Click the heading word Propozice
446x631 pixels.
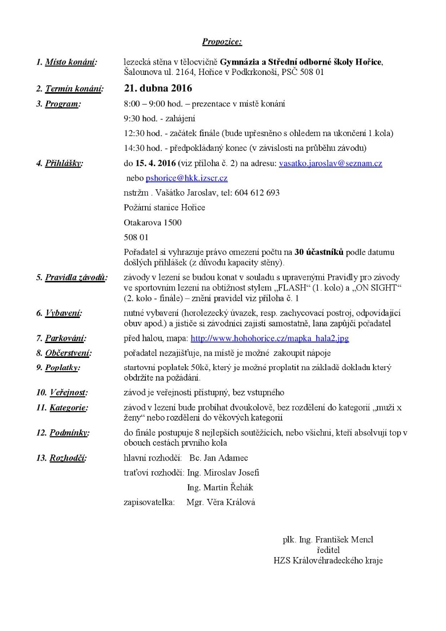point(222,42)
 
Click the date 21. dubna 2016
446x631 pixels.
point(158,89)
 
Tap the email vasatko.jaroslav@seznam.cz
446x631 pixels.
point(330,163)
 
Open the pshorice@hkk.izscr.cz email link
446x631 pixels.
point(186,178)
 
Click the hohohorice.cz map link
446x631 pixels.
point(270,339)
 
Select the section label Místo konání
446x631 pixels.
point(71,62)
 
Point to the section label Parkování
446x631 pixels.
point(66,339)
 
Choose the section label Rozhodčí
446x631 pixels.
point(68,458)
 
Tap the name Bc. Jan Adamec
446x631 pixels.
point(218,458)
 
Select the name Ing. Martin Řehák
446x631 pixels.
point(220,488)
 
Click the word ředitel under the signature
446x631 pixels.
point(329,550)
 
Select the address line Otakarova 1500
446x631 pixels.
point(152,222)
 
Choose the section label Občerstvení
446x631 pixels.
point(68,353)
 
